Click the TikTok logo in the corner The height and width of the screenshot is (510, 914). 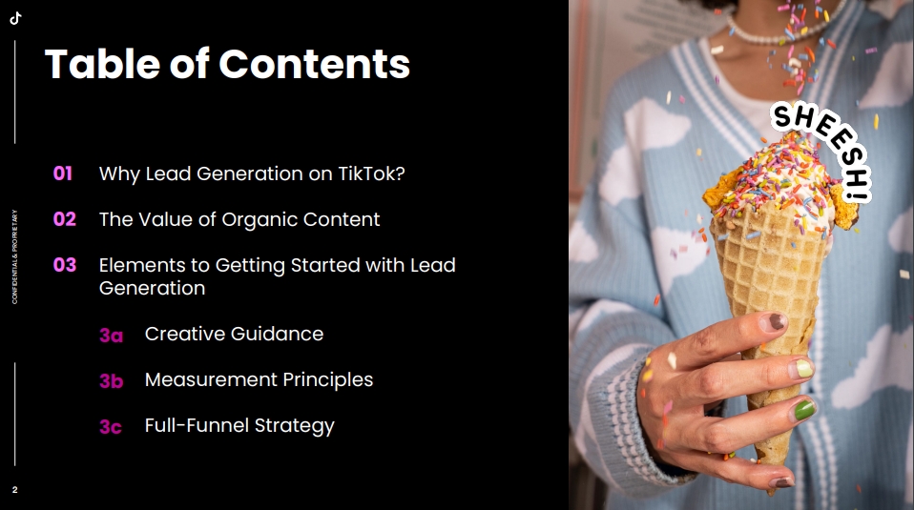[15, 18]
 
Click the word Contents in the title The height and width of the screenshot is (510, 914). [314, 64]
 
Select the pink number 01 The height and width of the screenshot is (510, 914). [62, 173]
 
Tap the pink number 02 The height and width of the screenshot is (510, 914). [65, 219]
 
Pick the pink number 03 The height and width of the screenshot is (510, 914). [65, 265]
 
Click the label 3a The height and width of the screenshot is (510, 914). [111, 336]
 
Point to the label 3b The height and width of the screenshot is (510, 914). [112, 380]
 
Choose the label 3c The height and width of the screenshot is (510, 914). [110, 427]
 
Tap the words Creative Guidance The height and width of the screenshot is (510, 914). [234, 334]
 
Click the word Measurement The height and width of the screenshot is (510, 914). [211, 379]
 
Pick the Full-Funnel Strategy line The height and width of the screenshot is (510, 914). [239, 425]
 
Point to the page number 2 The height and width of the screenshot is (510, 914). [14, 490]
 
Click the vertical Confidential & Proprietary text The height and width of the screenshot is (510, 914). [14, 256]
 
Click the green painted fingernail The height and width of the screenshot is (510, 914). [804, 409]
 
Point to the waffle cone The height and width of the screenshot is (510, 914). [769, 303]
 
